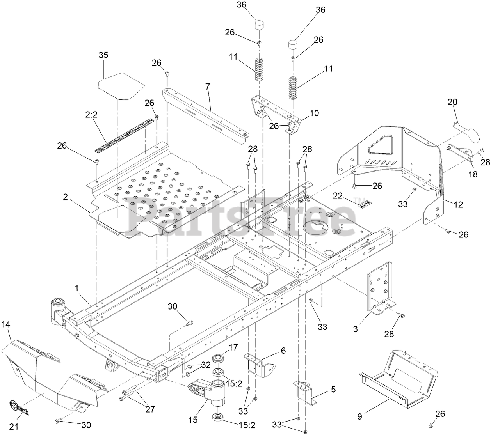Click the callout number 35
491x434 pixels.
pyautogui.click(x=103, y=55)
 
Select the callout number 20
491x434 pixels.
pyautogui.click(x=452, y=102)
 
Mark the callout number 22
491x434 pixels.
pyautogui.click(x=338, y=195)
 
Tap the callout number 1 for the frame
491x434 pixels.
pyautogui.click(x=77, y=288)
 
